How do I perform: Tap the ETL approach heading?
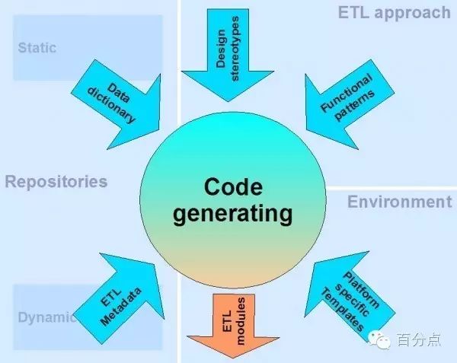pos(394,12)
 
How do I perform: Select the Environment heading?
pos(399,202)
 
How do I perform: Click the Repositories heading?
pos(56,182)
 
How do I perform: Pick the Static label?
pos(37,48)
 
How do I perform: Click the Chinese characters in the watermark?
pos(417,340)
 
